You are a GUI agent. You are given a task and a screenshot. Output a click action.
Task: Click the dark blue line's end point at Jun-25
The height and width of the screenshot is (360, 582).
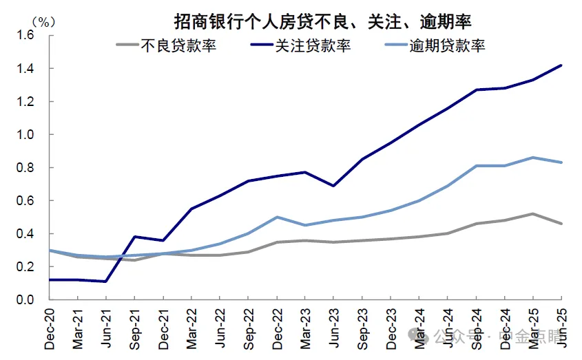point(561,65)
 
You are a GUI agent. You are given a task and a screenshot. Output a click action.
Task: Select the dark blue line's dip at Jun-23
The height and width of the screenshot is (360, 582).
point(333,186)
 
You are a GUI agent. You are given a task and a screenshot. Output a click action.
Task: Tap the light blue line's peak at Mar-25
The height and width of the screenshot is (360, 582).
point(533,158)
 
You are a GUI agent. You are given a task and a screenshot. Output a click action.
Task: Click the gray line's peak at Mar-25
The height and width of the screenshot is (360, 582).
point(533,214)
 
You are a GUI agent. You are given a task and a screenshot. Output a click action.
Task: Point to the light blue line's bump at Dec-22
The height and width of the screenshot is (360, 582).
point(277,217)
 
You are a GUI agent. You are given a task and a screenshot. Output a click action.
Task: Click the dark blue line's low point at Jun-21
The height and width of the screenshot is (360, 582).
point(105,282)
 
